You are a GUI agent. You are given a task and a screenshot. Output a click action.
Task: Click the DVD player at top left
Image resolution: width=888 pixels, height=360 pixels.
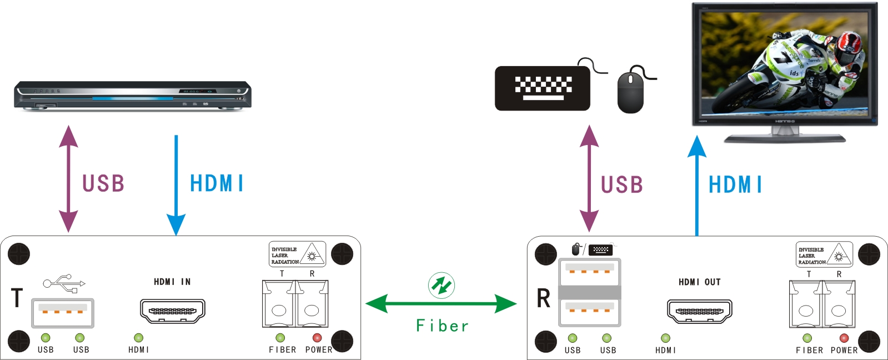pos(132,96)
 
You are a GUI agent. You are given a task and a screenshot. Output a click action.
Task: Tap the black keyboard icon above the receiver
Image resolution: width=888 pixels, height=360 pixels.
pos(542,88)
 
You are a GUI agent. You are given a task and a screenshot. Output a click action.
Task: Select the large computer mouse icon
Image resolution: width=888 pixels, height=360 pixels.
pos(630,92)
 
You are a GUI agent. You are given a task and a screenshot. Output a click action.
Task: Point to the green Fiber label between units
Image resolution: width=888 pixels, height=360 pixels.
pos(442,326)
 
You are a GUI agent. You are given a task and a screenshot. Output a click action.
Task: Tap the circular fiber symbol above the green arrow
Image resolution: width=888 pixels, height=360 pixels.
pos(442,286)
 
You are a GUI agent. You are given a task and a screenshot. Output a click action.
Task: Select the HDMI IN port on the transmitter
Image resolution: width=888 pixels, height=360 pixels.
pos(173,311)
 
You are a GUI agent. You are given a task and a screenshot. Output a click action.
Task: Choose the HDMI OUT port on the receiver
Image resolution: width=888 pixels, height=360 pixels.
pos(699,311)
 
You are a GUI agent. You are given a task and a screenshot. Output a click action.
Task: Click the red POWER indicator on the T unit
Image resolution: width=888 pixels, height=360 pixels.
pos(317,338)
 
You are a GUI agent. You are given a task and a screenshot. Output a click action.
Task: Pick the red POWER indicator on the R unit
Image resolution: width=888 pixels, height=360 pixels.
pos(844,338)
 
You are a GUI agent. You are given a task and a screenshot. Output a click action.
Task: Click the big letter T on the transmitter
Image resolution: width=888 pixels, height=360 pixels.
pos(17,298)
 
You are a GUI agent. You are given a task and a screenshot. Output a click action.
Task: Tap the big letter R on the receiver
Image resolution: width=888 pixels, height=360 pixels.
pos(543,298)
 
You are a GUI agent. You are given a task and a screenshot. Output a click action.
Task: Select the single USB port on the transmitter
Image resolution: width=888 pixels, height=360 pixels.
pos(62,313)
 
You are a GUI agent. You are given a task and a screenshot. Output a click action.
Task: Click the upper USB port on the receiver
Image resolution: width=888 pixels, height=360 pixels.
pos(589,272)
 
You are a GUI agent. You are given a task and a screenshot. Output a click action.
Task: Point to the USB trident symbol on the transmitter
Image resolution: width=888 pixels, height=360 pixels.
pos(64,283)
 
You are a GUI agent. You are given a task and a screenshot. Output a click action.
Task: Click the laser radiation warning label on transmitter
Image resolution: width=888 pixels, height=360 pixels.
pos(297,254)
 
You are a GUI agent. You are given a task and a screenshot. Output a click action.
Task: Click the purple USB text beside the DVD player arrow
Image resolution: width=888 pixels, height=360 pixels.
pos(103,184)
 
